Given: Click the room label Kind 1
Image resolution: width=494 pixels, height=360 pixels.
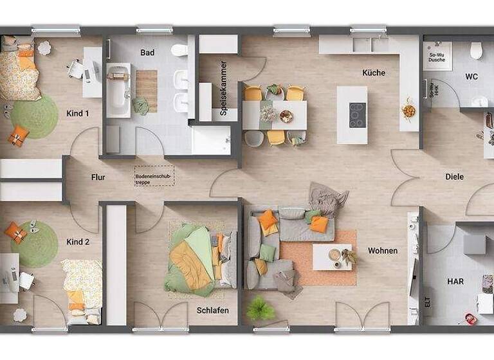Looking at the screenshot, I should click(x=77, y=113).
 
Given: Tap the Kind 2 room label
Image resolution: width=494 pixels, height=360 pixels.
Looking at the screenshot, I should click(x=77, y=242).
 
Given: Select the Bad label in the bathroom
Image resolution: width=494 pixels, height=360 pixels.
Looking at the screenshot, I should click(x=147, y=53).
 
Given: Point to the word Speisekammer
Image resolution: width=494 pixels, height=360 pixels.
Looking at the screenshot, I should click(x=224, y=87).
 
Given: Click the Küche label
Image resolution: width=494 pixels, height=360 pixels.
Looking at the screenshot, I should click(x=374, y=73).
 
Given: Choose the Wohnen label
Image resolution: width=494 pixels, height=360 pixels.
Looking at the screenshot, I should click(x=383, y=251).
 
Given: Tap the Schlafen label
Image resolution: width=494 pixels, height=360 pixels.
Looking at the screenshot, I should click(x=213, y=310).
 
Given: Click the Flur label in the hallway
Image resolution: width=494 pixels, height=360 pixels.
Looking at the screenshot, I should click(x=98, y=177).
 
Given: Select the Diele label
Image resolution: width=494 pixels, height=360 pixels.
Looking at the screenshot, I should click(x=455, y=177).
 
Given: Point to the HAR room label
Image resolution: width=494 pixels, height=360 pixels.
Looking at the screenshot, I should click(x=455, y=282).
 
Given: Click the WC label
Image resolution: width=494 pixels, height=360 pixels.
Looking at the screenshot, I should click(x=471, y=77).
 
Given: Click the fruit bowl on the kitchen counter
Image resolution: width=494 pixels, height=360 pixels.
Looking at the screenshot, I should click(x=408, y=111).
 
